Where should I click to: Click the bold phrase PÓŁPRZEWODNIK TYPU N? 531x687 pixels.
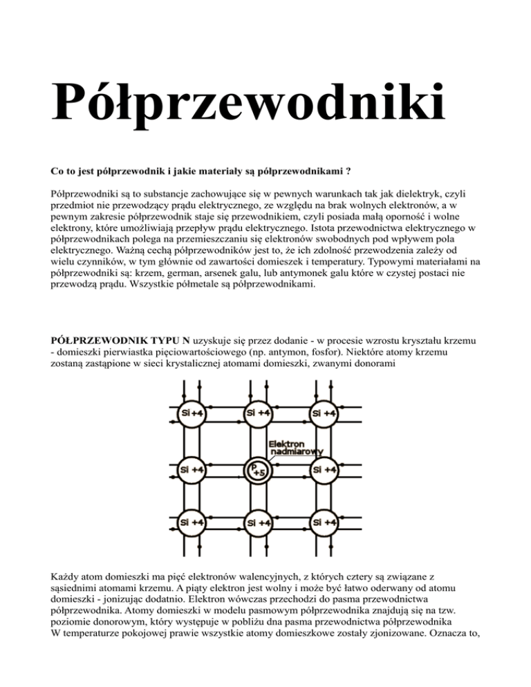click(x=113, y=341)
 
